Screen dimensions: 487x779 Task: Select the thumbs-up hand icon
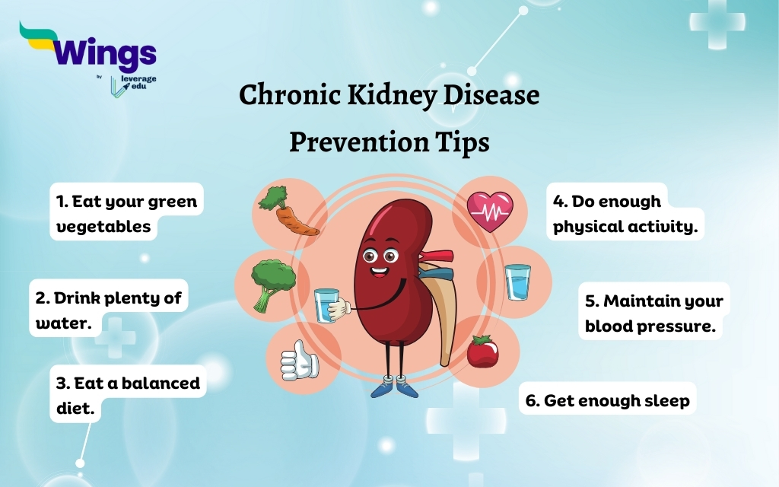pyautogui.click(x=298, y=360)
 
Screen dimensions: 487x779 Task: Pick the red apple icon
pyautogui.click(x=482, y=352)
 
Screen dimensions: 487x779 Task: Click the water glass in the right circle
pyautogui.click(x=517, y=282)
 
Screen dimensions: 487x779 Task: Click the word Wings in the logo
pyautogui.click(x=106, y=53)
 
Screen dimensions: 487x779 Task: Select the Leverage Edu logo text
pyautogui.click(x=138, y=85)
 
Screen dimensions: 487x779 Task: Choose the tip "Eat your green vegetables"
pyautogui.click(x=126, y=213)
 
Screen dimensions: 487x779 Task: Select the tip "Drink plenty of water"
pyautogui.click(x=109, y=309)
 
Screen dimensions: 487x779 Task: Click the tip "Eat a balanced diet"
pyautogui.click(x=128, y=394)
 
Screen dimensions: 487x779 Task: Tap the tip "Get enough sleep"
pyautogui.click(x=608, y=399)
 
